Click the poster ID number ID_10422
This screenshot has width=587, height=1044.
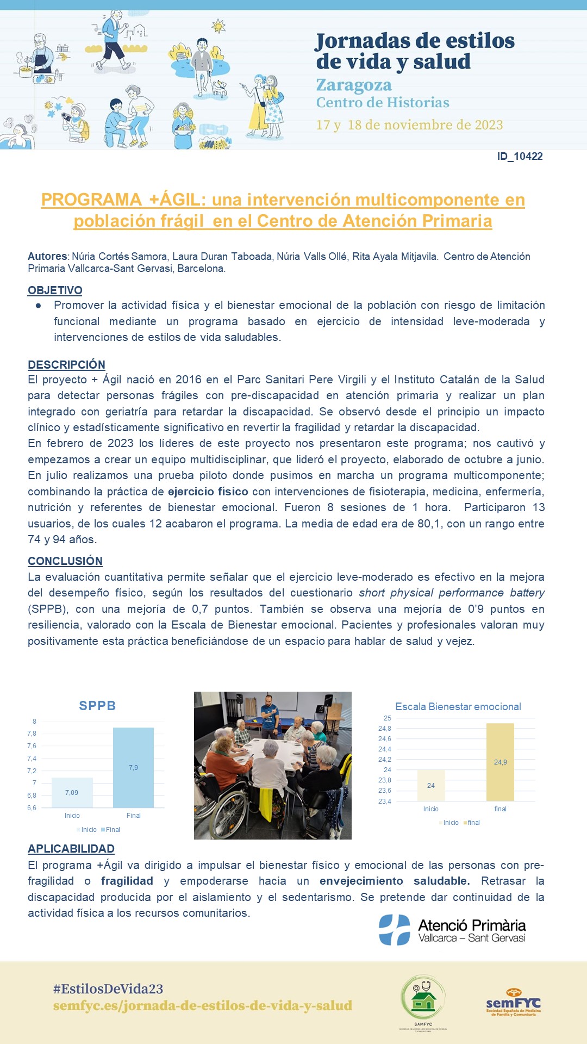click(x=520, y=157)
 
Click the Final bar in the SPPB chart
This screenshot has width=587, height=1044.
click(x=133, y=767)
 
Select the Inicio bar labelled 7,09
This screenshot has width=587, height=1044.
click(x=72, y=792)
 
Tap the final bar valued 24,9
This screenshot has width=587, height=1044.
click(x=500, y=762)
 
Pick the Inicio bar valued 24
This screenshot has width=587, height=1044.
click(x=431, y=785)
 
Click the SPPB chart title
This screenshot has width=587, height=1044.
click(x=97, y=706)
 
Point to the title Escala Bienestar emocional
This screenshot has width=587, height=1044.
click(x=458, y=707)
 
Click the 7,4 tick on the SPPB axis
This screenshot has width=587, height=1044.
click(x=32, y=759)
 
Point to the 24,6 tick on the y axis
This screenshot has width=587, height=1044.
click(x=384, y=739)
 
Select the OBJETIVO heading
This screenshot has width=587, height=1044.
click(x=55, y=290)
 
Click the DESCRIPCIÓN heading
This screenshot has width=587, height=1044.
click(x=66, y=365)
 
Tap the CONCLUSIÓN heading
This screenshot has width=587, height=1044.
click(x=65, y=561)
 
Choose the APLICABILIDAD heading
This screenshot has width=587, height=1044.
click(x=71, y=849)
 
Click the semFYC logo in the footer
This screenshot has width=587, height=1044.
click(x=513, y=1002)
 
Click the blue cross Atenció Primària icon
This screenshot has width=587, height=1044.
click(x=395, y=930)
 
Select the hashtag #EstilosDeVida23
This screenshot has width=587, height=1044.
click(x=108, y=989)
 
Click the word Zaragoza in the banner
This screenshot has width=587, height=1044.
click(x=354, y=85)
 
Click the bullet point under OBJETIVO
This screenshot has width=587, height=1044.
click(x=38, y=306)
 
